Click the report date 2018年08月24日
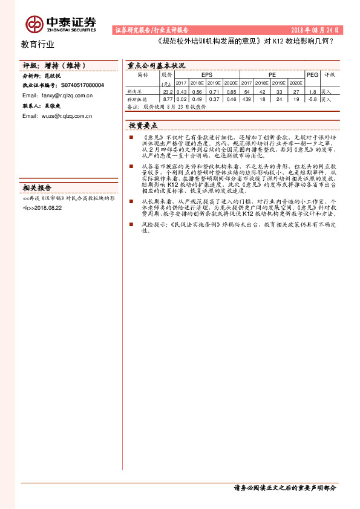(315, 29)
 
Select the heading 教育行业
(38, 44)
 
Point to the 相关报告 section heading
(37, 187)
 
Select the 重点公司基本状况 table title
(156, 65)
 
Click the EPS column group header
(206, 76)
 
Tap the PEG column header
(312, 75)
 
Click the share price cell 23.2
(168, 91)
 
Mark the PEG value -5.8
(312, 98)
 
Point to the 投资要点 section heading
(143, 125)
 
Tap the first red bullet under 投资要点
(131, 138)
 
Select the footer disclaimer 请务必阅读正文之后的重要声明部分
(284, 488)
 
